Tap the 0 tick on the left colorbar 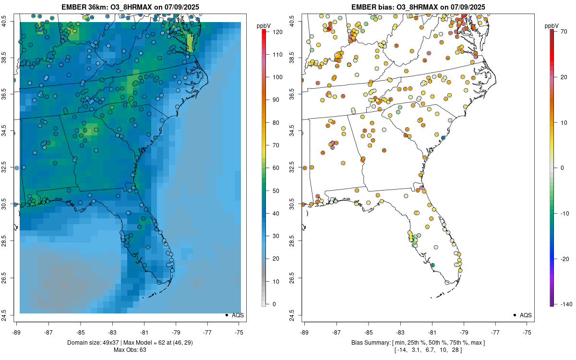point(274,304)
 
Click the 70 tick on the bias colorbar point(564,31)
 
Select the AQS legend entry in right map point(526,315)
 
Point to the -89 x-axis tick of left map point(17,332)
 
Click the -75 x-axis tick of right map point(527,332)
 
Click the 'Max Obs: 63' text point(130,349)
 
